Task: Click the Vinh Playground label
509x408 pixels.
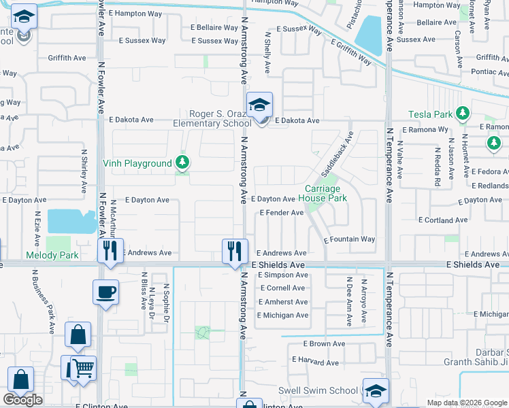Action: [x=137, y=163]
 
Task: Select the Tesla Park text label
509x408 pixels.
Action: [x=431, y=114]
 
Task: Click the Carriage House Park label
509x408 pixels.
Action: [x=326, y=193]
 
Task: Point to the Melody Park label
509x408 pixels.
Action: [x=52, y=256]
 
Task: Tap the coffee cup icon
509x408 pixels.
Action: [x=105, y=293]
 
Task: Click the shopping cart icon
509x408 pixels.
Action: [x=83, y=369]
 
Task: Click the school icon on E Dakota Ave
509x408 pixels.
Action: [x=259, y=105]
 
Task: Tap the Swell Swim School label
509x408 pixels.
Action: [x=318, y=390]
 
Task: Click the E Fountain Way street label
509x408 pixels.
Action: [x=349, y=239]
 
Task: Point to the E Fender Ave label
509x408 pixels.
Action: [x=281, y=213]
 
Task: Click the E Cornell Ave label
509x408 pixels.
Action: [x=282, y=288]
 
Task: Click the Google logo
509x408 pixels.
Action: [x=22, y=400]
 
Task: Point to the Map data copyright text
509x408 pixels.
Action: [x=467, y=403]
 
